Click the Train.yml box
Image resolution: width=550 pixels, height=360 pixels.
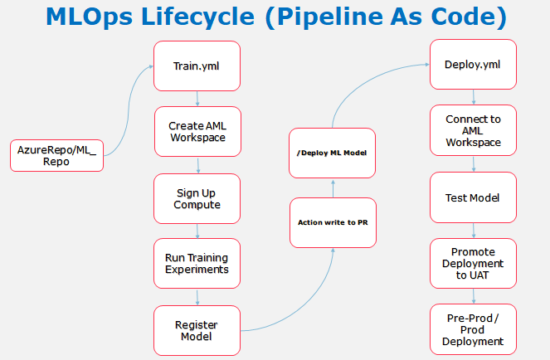click(197, 66)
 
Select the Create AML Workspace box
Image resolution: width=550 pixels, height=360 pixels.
click(197, 131)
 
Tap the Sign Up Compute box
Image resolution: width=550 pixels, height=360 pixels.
click(197, 198)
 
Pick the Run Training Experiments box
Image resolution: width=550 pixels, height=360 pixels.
click(197, 263)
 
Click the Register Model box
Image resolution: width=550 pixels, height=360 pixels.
click(197, 330)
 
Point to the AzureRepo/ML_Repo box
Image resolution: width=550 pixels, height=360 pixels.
click(56, 154)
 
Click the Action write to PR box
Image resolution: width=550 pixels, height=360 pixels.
click(331, 222)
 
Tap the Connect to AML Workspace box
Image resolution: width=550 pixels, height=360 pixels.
click(473, 131)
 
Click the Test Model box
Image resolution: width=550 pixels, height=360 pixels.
click(473, 198)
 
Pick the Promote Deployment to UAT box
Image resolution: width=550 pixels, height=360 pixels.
click(473, 263)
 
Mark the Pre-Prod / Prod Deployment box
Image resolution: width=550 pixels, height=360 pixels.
click(473, 328)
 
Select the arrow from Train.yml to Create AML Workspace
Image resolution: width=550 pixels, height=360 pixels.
click(197, 99)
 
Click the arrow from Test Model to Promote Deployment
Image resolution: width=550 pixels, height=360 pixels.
click(473, 231)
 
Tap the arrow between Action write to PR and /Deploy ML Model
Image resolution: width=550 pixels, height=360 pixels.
click(331, 187)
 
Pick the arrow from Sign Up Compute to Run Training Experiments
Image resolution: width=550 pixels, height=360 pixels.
click(197, 231)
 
